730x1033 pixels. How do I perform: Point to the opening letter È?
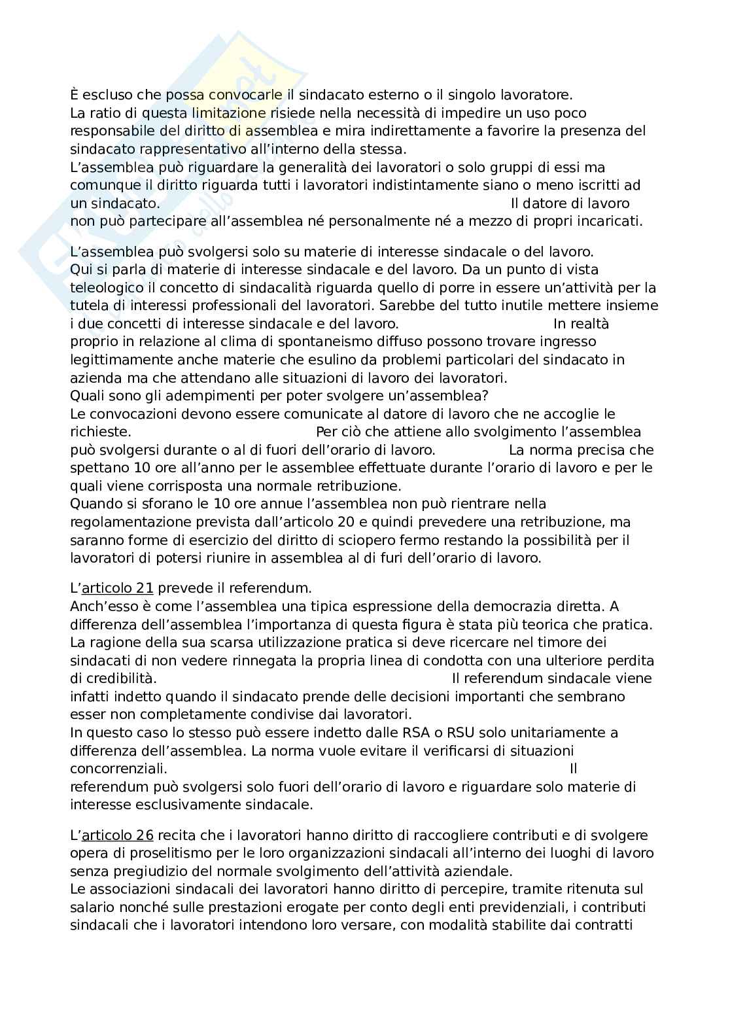click(75, 94)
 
